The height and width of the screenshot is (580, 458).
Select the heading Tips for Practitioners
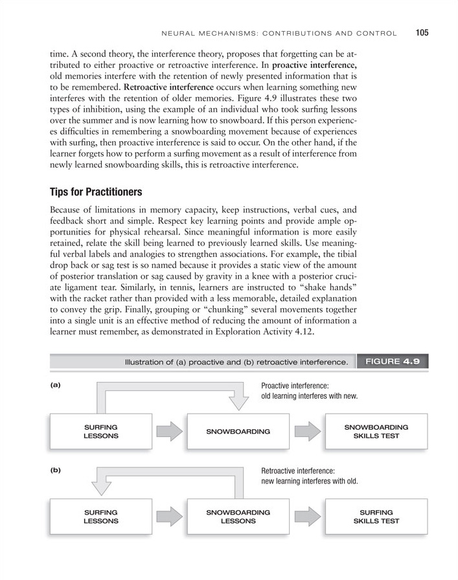point(95,192)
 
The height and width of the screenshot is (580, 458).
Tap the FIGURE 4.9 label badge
point(393,361)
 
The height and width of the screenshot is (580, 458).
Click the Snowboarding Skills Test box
point(376,432)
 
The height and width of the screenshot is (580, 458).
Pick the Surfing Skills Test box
point(376,516)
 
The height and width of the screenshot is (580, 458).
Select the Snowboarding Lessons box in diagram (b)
point(238,516)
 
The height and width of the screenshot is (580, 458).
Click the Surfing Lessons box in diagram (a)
point(100,432)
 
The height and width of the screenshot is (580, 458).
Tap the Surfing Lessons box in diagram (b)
point(100,516)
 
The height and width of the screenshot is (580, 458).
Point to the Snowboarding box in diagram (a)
point(238,432)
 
